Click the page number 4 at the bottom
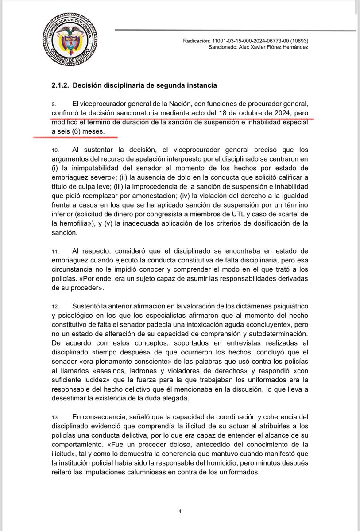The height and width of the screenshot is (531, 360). click(x=180, y=512)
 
